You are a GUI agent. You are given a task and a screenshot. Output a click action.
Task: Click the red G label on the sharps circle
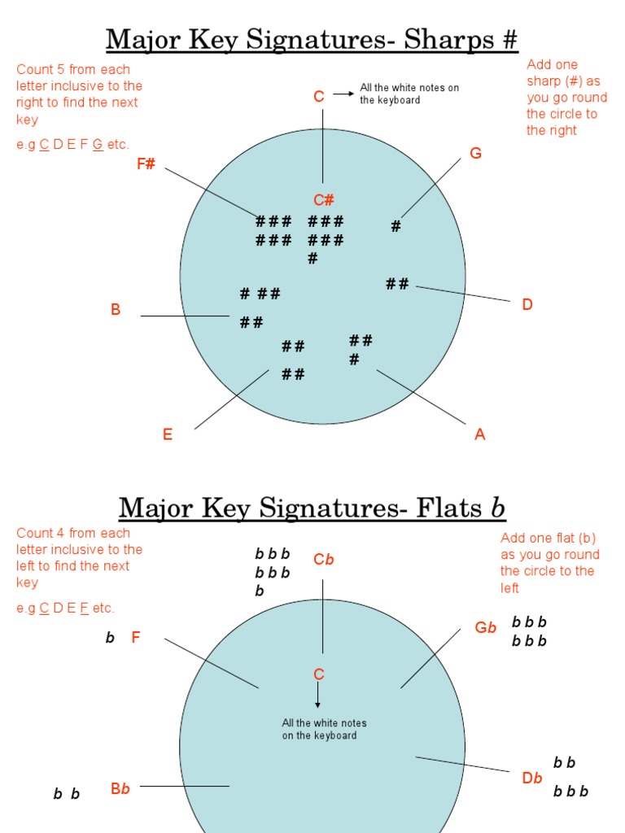[x=476, y=153]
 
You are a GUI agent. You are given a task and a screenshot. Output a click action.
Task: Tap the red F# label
[x=146, y=164]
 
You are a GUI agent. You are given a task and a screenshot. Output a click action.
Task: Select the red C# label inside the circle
[x=324, y=200]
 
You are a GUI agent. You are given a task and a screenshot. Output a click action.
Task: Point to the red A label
[x=480, y=434]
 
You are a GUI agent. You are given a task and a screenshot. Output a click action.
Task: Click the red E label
[x=168, y=434]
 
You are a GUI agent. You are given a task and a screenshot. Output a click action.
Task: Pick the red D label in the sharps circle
[x=527, y=305]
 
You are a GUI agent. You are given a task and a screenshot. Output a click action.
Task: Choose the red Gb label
[x=486, y=628]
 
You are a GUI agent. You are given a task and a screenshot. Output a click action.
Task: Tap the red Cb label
[x=324, y=560]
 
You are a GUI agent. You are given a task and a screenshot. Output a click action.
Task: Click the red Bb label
[x=120, y=789]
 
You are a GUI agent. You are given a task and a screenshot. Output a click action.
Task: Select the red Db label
[x=532, y=778]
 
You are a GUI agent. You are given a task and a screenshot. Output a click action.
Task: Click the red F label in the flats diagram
[x=136, y=638]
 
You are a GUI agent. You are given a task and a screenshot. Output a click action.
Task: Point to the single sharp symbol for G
[x=396, y=227]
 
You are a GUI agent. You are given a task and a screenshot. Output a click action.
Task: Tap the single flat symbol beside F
[x=110, y=639]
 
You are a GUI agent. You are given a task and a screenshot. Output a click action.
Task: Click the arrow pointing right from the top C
[x=343, y=94]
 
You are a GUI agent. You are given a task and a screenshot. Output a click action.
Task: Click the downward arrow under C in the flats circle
[x=318, y=696]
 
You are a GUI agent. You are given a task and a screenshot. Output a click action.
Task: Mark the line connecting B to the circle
[x=185, y=316]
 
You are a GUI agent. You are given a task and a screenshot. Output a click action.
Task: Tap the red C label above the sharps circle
[x=319, y=97]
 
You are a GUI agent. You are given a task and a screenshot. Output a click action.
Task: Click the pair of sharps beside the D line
[x=397, y=284]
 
